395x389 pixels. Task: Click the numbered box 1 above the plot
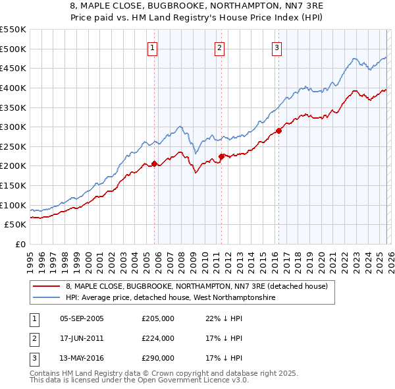click(x=153, y=47)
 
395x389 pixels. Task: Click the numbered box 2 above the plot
click(x=219, y=47)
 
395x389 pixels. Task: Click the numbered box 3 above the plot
click(x=276, y=47)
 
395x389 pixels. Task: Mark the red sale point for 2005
click(x=154, y=164)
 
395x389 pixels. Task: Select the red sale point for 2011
click(x=221, y=156)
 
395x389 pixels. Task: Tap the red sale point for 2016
click(x=278, y=131)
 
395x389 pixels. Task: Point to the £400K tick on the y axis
click(x=13, y=88)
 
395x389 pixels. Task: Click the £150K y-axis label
click(x=13, y=185)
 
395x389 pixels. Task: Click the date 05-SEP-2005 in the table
click(x=82, y=318)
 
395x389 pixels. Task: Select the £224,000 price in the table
click(x=158, y=338)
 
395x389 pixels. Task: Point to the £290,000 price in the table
click(x=158, y=358)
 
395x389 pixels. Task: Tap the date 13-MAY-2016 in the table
click(x=82, y=358)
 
